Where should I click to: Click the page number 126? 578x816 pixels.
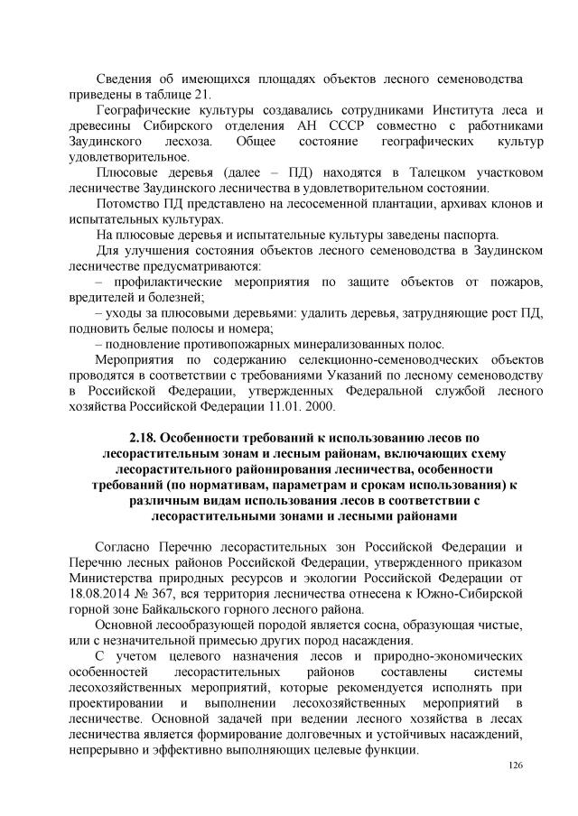tap(516, 765)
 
